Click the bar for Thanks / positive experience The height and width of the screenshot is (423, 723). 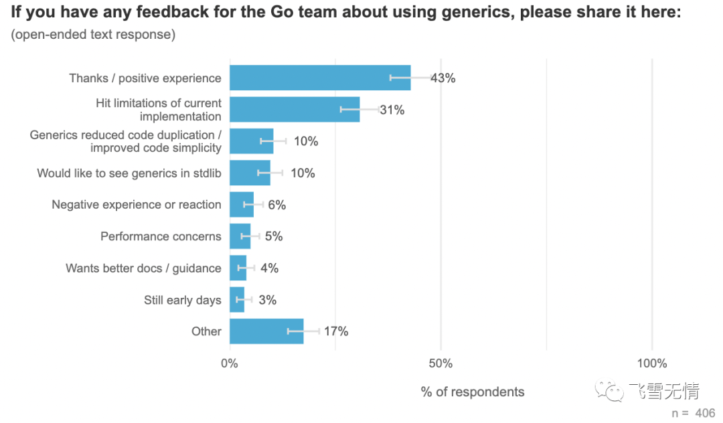[320, 78]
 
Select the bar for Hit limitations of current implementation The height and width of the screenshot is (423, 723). [295, 110]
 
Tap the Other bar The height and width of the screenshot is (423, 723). [266, 331]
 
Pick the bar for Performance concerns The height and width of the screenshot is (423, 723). [240, 236]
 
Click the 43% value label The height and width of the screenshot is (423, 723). [444, 78]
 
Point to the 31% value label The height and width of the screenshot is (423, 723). [392, 110]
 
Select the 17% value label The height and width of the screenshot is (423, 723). [336, 331]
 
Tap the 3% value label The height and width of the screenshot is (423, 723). [268, 300]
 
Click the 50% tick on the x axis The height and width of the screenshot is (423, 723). [440, 363]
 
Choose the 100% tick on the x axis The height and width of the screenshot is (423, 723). [652, 363]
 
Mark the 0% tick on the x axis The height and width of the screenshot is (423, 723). [230, 363]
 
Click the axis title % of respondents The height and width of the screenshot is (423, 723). [473, 392]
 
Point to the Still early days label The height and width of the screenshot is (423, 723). [183, 300]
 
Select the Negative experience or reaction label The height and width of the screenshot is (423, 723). [137, 205]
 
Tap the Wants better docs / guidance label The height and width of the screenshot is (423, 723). [143, 268]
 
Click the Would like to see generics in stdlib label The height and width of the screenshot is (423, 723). [129, 173]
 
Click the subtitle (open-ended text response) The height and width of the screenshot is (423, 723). [93, 35]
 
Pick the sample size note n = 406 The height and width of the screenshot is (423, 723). [694, 413]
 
